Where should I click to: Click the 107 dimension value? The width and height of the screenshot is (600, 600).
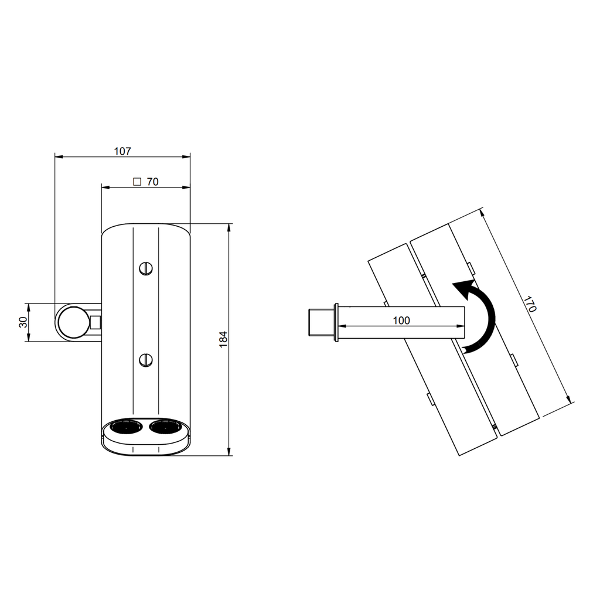(x=122, y=151)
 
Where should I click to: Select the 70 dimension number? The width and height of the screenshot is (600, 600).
(x=153, y=182)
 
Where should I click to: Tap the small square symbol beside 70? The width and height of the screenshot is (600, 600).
(x=137, y=182)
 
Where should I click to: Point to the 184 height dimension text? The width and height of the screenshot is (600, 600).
(x=223, y=339)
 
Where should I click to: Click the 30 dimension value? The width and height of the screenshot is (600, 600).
(x=23, y=322)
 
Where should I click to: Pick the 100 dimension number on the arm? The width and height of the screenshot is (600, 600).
(x=401, y=321)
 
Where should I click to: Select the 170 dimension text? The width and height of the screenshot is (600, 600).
(x=530, y=304)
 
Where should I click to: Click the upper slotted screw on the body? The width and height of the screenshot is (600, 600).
(x=146, y=268)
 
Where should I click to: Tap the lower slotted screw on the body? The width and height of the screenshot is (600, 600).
(x=146, y=360)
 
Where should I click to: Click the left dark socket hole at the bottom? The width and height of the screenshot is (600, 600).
(x=126, y=427)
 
